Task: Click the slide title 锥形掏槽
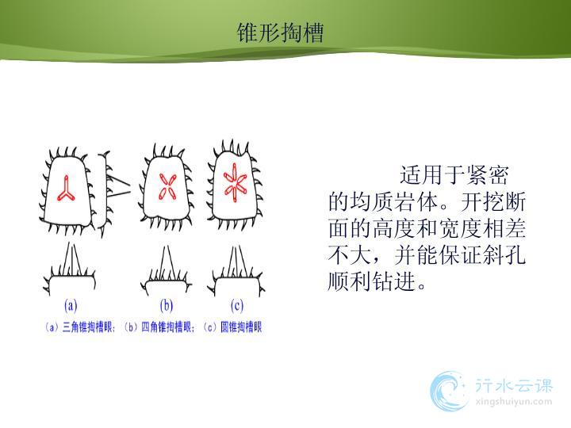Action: click(280, 32)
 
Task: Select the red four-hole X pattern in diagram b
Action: click(167, 186)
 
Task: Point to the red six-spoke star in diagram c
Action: click(235, 182)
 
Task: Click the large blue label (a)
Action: click(71, 305)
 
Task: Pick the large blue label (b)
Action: click(167, 305)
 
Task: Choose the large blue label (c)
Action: click(236, 305)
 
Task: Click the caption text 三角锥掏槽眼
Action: click(88, 327)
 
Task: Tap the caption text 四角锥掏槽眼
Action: click(167, 327)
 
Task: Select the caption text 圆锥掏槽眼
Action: click(241, 327)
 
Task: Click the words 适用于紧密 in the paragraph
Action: click(454, 175)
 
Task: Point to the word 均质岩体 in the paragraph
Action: click(394, 201)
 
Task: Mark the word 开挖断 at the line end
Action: click(493, 201)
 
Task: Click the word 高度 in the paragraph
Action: click(394, 228)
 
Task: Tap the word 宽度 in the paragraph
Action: click(460, 228)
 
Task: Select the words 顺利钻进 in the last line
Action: click(371, 281)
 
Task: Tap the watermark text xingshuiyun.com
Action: click(513, 402)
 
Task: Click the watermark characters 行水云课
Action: click(514, 385)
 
